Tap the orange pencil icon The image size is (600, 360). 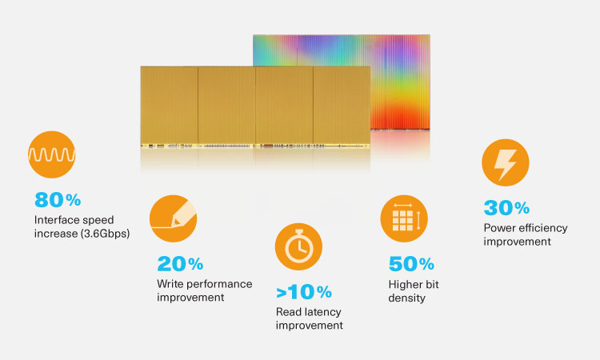(174, 218)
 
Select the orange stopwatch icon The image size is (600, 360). (298, 247)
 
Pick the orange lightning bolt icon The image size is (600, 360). (506, 163)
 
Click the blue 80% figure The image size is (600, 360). (58, 200)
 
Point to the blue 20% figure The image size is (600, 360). (180, 263)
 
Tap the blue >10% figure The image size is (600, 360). (304, 292)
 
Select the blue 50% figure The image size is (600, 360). (411, 263)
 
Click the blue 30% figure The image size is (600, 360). (506, 208)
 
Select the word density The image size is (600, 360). (406, 298)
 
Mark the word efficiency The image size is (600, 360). (542, 228)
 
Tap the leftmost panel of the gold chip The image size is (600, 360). (168, 104)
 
